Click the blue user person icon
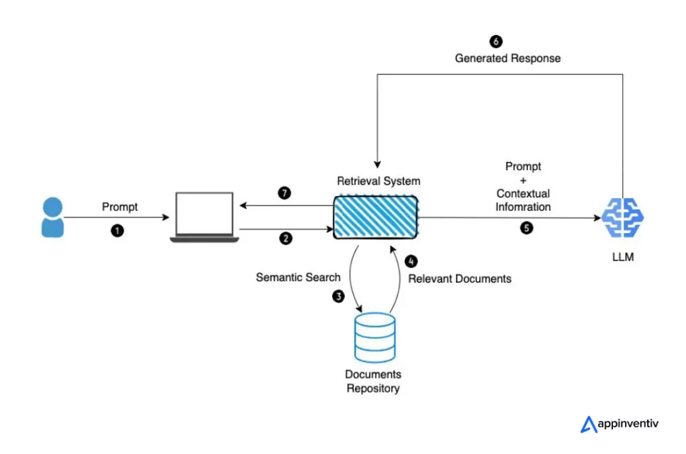coord(52,217)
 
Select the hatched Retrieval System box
coord(376,216)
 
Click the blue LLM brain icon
coord(622,216)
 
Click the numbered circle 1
coord(118,230)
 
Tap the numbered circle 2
coord(286,238)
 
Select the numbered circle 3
coord(339,296)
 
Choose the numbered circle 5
coord(527,228)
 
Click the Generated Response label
coord(508,58)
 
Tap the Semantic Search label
coord(298,277)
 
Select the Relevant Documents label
coord(460,279)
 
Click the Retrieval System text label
coord(379,181)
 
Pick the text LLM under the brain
coord(622,257)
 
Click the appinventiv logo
coord(619,424)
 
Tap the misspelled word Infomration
coord(523,207)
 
